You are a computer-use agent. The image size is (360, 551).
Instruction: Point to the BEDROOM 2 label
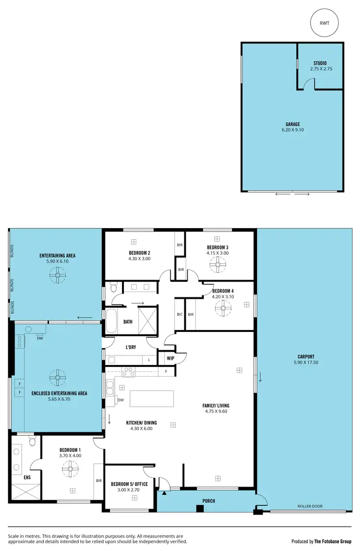pyautogui.click(x=140, y=253)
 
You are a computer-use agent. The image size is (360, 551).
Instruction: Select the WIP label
pyautogui.click(x=170, y=358)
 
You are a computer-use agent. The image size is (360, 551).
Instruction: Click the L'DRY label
pyautogui.click(x=132, y=347)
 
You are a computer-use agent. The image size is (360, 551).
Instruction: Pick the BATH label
pyautogui.click(x=128, y=322)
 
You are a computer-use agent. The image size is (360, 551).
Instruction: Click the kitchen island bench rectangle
pyautogui.click(x=152, y=399)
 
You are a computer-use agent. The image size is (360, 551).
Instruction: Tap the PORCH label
pyautogui.click(x=208, y=501)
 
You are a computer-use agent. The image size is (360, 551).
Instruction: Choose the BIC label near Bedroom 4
pyautogui.click(x=180, y=315)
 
